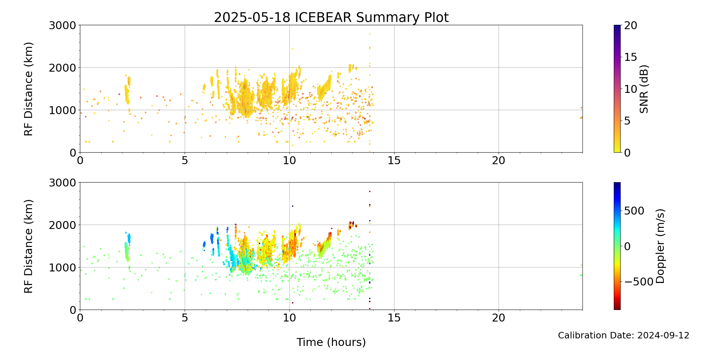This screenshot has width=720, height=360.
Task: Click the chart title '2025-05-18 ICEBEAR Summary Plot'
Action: click(x=331, y=17)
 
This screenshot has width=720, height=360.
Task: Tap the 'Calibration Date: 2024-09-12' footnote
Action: click(x=624, y=336)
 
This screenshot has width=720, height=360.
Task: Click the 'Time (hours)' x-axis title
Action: click(x=331, y=342)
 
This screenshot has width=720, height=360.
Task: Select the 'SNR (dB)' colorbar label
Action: click(x=644, y=89)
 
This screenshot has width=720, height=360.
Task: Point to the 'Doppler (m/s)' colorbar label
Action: click(x=660, y=246)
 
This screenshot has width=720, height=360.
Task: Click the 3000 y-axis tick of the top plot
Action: click(x=63, y=26)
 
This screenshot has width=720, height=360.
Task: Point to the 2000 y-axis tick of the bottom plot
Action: click(x=63, y=225)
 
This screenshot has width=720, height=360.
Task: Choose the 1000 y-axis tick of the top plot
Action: click(x=63, y=110)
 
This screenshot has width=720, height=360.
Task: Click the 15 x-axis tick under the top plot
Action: click(x=394, y=161)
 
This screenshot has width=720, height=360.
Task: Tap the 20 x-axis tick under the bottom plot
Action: click(x=499, y=318)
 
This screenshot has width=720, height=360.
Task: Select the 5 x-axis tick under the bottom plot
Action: click(x=185, y=318)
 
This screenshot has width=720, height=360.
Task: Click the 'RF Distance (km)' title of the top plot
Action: click(x=28, y=89)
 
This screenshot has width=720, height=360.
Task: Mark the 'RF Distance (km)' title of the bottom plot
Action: click(x=28, y=246)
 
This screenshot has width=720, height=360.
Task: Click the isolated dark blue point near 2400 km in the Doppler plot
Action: click(x=292, y=206)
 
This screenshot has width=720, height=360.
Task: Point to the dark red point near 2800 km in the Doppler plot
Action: click(x=369, y=192)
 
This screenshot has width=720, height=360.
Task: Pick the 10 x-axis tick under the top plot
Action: click(x=289, y=161)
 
